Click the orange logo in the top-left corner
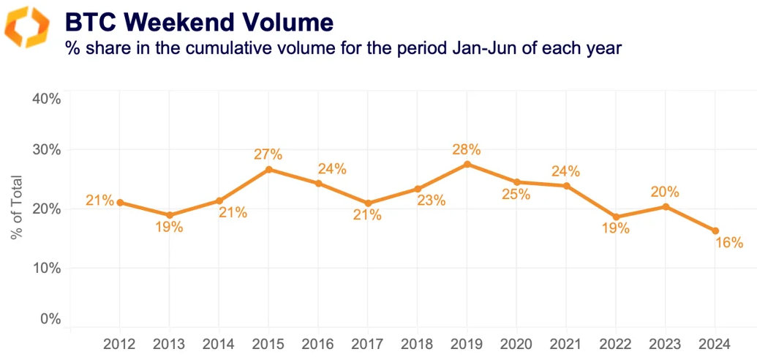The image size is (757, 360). coord(28,27)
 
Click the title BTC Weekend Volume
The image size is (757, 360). coord(199,22)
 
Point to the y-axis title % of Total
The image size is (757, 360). coord(17,209)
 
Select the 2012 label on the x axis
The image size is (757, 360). coord(118,344)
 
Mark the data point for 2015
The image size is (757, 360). coord(268,169)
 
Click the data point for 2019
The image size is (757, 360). coord(467,164)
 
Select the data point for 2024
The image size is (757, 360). coord(715,231)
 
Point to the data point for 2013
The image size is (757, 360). coord(168,215)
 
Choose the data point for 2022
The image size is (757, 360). coord(616,217)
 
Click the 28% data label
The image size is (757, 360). coord(467,149)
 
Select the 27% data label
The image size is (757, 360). coord(268,154)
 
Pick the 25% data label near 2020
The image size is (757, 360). coord(516,195)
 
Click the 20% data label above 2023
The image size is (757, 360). coord(665,192)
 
